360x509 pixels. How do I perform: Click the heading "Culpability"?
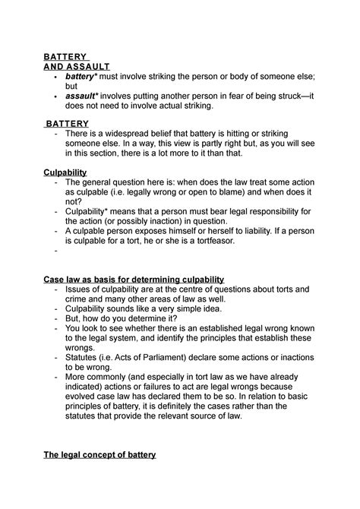(x=66, y=172)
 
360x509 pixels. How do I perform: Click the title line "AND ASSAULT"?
(x=74, y=66)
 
